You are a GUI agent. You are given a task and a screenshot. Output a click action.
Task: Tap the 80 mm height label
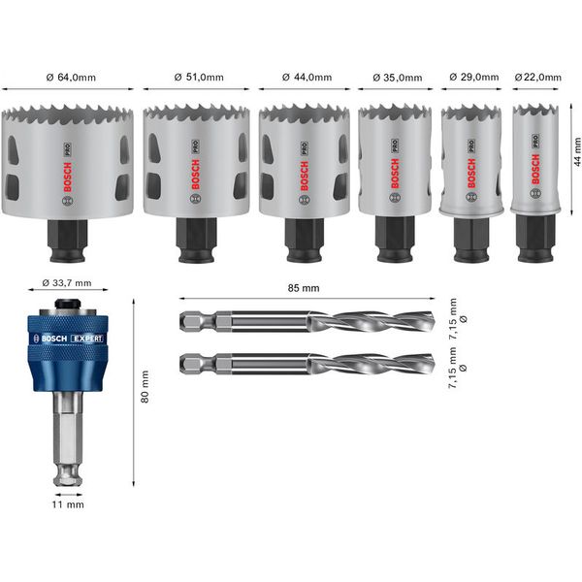click(x=146, y=388)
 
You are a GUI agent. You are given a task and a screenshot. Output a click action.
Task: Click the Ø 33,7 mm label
click(x=67, y=283)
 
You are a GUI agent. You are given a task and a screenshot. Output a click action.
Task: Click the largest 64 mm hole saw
click(x=68, y=160)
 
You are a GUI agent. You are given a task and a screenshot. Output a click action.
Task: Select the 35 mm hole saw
click(x=396, y=160)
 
